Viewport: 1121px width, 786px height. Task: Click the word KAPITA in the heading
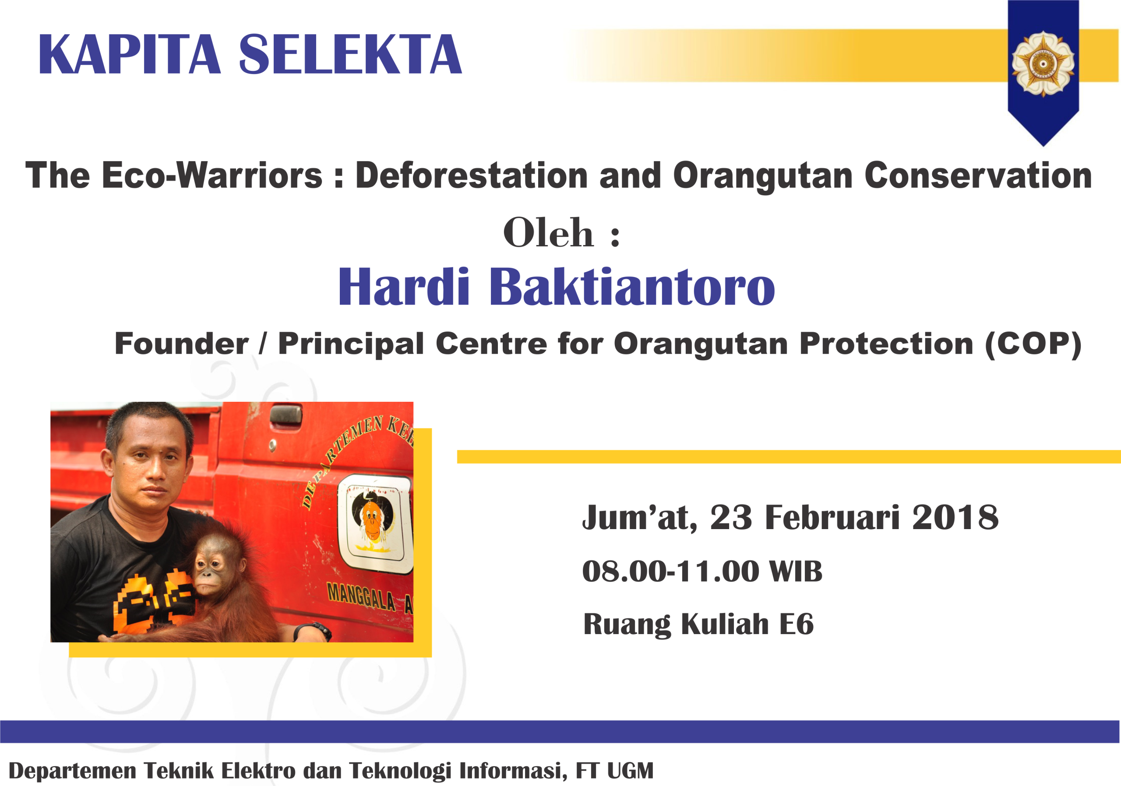[129, 54]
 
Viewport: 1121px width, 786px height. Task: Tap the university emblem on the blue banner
[1043, 64]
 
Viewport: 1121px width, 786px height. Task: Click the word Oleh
[548, 233]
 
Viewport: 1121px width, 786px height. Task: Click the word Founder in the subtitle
[182, 344]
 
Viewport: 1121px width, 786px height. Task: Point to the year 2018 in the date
[955, 517]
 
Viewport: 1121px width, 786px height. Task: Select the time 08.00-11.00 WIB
[702, 571]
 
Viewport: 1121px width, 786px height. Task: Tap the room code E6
[797, 624]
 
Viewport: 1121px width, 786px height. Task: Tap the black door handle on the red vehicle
[286, 415]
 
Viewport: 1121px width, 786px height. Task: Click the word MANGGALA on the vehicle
[361, 596]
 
